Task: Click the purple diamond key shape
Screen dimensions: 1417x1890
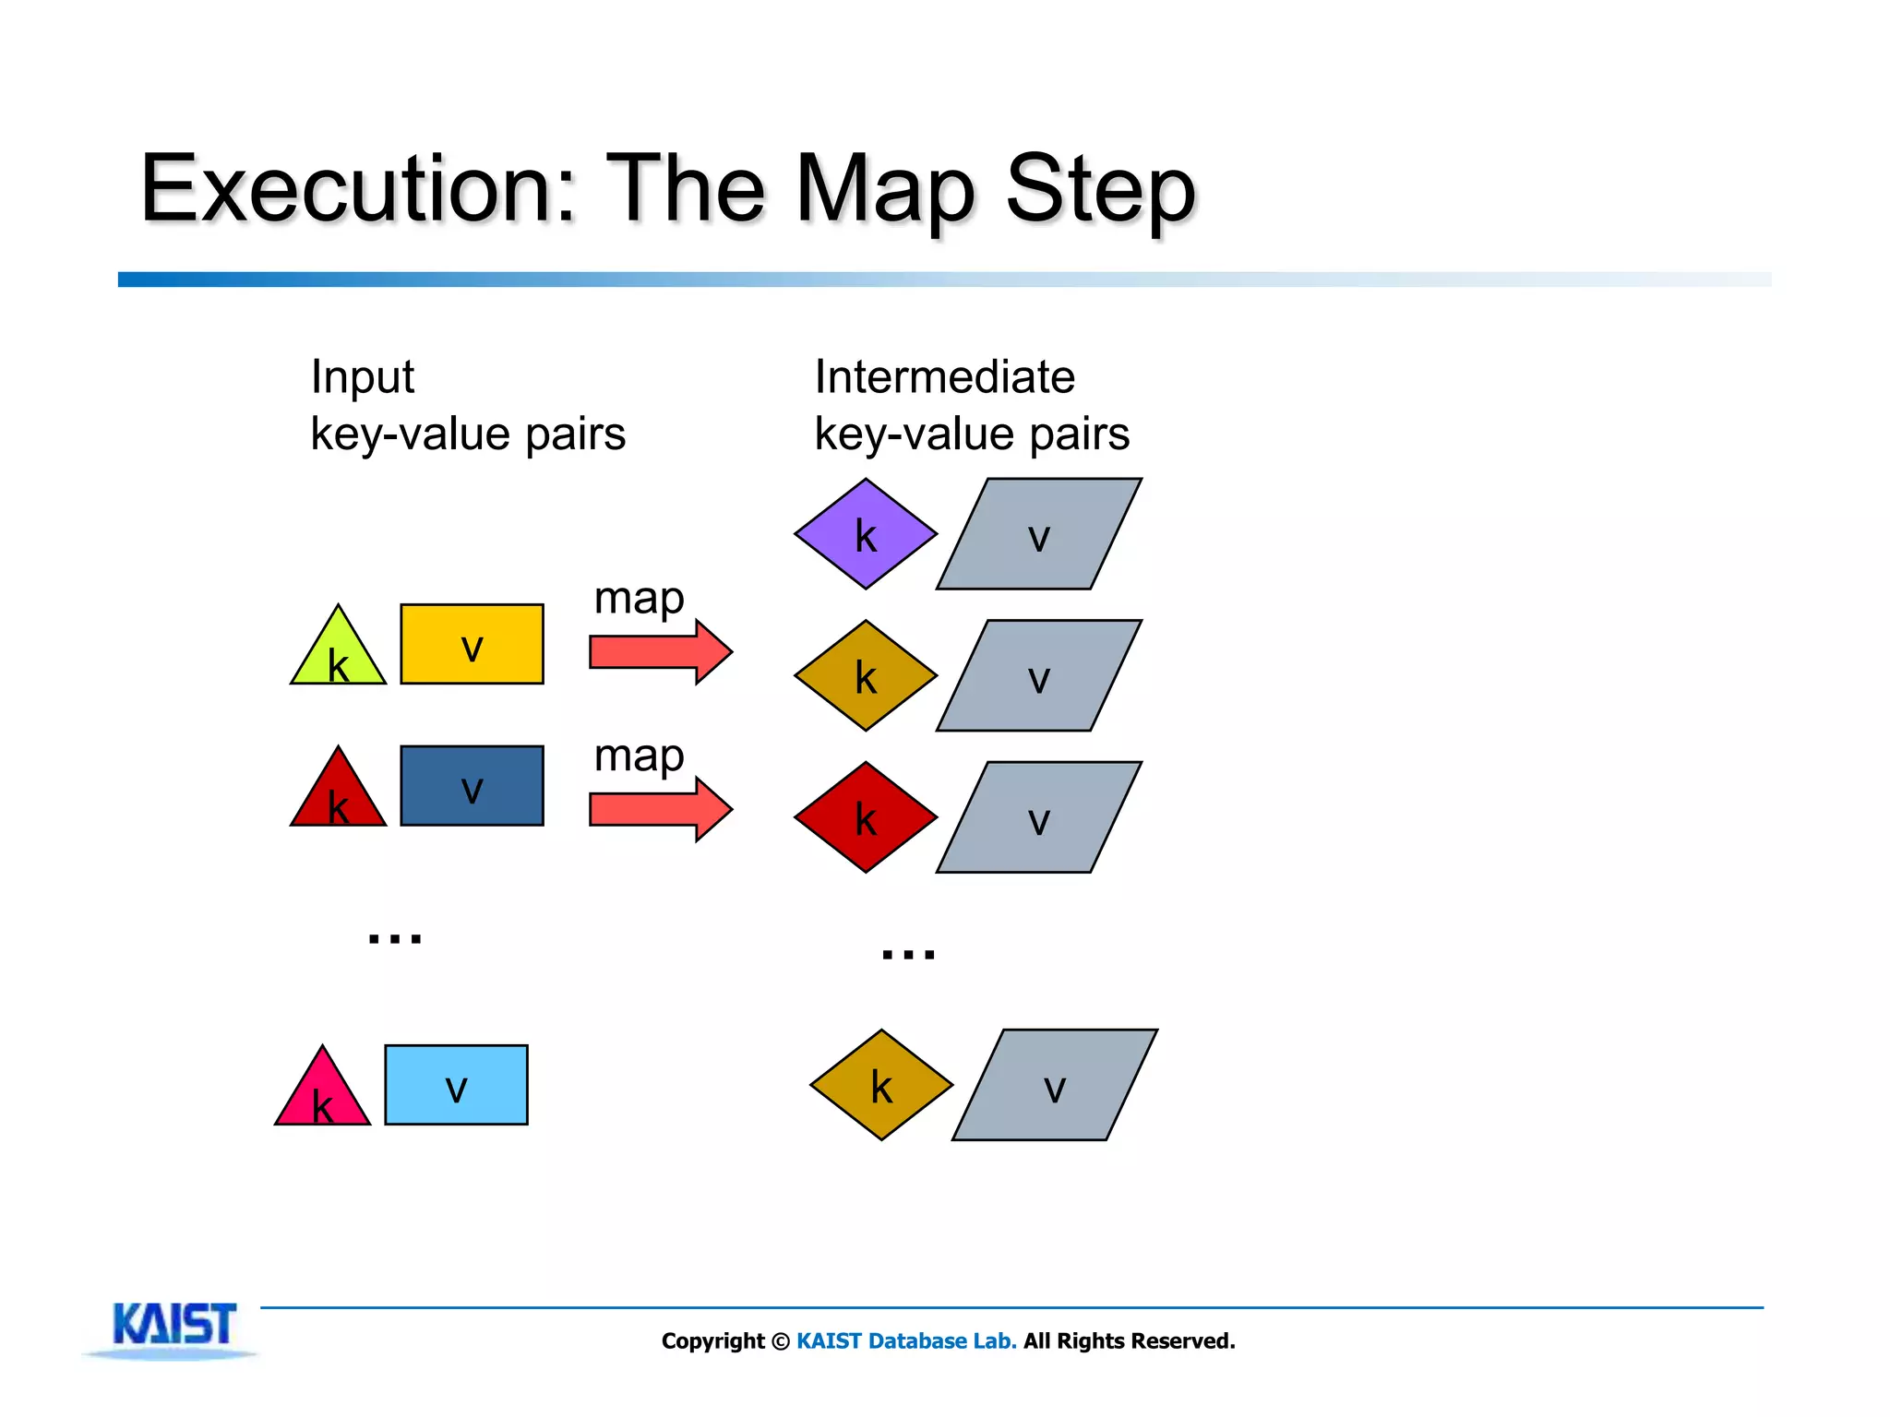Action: (866, 534)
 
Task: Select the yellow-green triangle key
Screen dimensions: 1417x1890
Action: (338, 653)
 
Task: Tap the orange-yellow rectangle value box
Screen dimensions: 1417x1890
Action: (472, 644)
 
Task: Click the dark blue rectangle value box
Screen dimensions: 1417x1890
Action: (472, 786)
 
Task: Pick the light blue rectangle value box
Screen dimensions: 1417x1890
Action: (456, 1085)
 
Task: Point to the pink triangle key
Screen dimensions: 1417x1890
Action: (322, 1094)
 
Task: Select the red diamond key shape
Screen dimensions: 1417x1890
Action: (866, 817)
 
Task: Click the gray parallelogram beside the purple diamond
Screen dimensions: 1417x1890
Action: (1039, 534)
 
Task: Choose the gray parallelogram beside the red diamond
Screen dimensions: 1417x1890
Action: (1039, 817)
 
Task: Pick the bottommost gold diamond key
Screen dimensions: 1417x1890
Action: (881, 1085)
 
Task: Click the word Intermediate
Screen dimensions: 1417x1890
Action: (944, 377)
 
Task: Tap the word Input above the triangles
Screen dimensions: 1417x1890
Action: (362, 377)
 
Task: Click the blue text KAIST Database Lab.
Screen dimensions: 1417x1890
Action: (906, 1341)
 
